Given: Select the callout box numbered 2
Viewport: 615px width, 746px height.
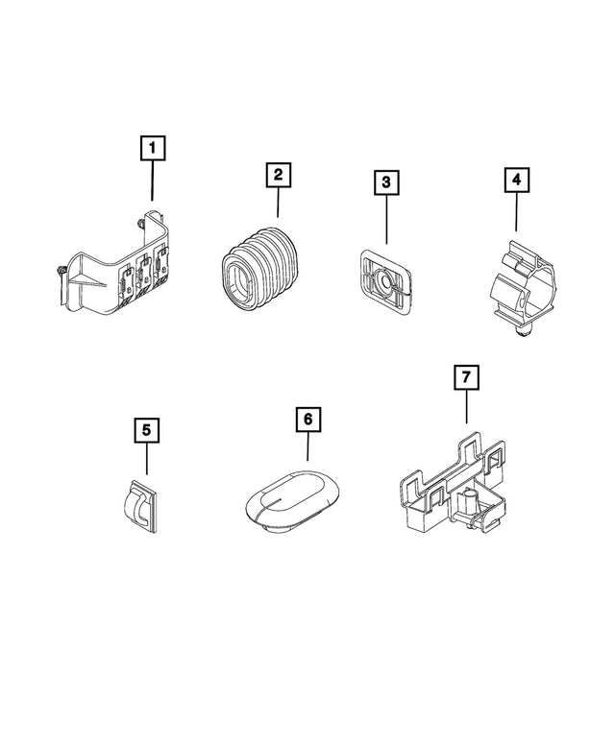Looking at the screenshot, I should point(278,175).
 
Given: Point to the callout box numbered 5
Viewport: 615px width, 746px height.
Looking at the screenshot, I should point(146,429).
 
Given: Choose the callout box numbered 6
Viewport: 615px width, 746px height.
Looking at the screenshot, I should point(307,420).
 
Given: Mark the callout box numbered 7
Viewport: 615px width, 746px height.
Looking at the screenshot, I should point(466,378).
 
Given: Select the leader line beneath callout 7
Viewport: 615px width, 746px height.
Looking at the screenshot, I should point(466,408).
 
